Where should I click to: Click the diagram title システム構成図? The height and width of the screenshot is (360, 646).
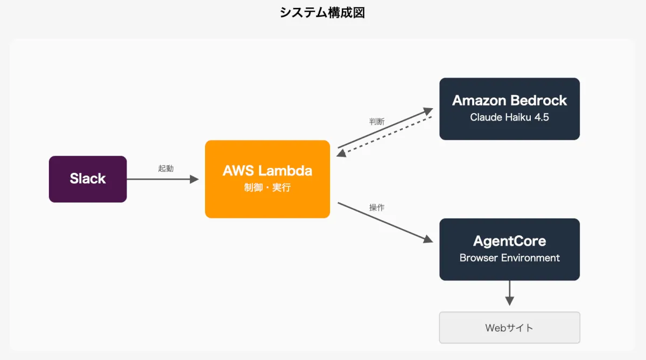tap(322, 13)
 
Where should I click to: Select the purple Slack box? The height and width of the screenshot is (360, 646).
tap(88, 179)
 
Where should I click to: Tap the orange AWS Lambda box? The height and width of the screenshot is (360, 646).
tap(268, 179)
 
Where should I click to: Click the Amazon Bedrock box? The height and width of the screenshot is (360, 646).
tap(509, 109)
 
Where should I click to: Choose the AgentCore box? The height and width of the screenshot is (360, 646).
tap(509, 249)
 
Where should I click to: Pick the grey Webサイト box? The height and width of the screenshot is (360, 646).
tap(509, 327)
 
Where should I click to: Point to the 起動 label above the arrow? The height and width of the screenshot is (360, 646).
tap(166, 168)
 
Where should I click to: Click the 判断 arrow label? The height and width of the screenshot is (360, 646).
tap(377, 122)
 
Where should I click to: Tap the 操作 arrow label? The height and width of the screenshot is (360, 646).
tap(377, 207)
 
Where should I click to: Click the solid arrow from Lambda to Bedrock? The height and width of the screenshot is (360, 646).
tap(384, 128)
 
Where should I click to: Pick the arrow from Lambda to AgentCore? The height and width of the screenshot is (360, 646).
tap(384, 222)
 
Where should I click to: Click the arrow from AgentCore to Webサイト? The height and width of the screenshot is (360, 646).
tap(509, 293)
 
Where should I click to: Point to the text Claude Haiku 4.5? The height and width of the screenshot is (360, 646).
tap(509, 117)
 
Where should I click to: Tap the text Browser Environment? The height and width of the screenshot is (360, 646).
tap(509, 258)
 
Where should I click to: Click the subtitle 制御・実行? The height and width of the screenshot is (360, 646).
tap(268, 187)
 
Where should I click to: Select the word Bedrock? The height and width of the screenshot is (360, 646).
tap(540, 101)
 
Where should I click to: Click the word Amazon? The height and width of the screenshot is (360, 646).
tap(479, 101)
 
